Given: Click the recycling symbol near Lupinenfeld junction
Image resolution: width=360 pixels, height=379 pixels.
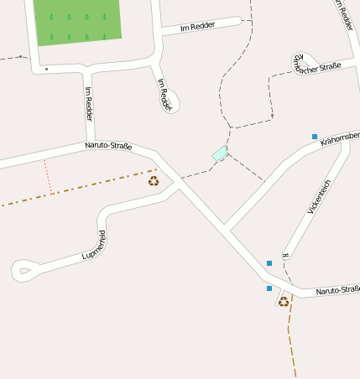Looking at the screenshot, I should click(154, 180).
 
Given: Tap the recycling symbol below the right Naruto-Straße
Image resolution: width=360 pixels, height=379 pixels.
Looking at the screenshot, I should click(284, 302).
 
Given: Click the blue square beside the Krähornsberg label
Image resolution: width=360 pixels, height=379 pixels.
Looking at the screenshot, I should click(315, 136).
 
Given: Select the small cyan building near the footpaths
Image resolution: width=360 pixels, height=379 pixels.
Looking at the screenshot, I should click(220, 153).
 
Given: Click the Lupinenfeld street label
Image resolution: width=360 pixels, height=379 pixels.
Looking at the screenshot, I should click(94, 242).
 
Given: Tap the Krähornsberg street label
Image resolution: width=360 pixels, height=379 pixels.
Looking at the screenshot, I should click(340, 138).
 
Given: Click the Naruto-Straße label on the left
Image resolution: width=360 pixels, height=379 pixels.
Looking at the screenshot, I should click(108, 146).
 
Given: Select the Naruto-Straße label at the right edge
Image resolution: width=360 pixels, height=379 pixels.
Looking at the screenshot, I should click(337, 290).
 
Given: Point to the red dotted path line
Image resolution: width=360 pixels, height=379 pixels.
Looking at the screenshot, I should click(48, 176).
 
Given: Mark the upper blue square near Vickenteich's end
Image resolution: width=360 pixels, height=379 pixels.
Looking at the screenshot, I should click(269, 263).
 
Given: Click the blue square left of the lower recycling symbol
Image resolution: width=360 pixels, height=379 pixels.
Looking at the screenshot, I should click(269, 288).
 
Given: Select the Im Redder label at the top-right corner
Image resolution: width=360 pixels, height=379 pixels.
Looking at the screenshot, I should click(344, 15).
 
